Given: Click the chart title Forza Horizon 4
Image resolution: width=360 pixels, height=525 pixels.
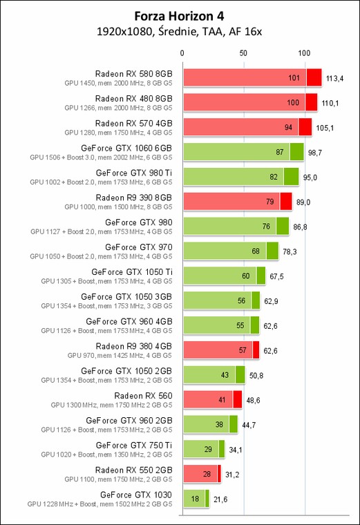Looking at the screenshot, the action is (179, 16).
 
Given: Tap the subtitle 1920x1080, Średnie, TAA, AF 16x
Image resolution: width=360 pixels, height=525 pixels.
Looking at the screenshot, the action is (179, 32).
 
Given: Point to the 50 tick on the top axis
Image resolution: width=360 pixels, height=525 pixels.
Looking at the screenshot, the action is (243, 53).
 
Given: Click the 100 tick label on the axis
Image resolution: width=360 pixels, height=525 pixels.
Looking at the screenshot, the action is (304, 53).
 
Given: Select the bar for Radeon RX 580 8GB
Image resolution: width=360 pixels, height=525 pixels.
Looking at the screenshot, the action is (252, 77).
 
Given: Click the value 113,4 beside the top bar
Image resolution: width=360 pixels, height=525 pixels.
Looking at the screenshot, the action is (334, 78).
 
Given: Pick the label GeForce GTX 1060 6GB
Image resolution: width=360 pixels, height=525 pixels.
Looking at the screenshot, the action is (126, 148).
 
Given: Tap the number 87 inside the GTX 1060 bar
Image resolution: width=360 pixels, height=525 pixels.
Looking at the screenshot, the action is (280, 152).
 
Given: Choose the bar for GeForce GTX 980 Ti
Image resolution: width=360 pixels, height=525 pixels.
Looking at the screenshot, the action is (241, 177).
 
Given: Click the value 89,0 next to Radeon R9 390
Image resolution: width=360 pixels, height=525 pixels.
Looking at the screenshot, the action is (303, 202).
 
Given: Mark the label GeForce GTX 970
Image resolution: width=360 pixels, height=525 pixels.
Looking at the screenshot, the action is (139, 247).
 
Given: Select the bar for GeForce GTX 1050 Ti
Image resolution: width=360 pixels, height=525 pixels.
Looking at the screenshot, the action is (225, 276).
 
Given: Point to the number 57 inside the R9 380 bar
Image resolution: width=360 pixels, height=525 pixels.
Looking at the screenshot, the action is (243, 350).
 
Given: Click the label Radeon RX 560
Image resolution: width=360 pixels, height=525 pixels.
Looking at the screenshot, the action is (143, 396).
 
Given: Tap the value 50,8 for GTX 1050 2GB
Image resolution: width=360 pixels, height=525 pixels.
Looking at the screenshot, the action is (256, 376).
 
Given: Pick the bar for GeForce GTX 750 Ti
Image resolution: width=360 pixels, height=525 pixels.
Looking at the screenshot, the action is (204, 449).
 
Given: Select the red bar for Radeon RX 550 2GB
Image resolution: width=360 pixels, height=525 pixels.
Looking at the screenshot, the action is (202, 474).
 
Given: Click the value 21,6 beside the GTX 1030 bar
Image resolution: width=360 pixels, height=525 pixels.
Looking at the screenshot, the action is (220, 499).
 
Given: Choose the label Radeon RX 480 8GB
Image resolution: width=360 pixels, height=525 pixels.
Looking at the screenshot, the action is (133, 98).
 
